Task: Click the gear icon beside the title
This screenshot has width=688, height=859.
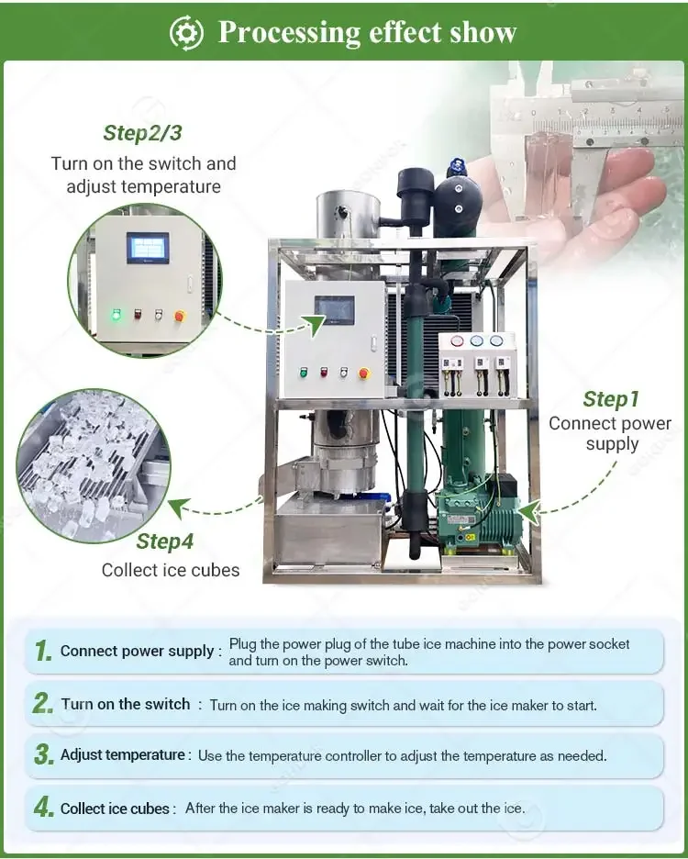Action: [x=186, y=33]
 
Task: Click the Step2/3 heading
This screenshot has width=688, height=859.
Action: [x=142, y=133]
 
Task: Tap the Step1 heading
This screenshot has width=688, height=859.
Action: [x=611, y=399]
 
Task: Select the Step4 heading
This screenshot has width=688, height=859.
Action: [x=165, y=541]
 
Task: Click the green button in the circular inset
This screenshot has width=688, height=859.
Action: [x=117, y=315]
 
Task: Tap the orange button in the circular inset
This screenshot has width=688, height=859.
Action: [x=180, y=316]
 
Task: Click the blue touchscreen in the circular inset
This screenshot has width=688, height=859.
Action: [x=148, y=248]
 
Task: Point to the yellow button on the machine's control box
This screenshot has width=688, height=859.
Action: [x=363, y=374]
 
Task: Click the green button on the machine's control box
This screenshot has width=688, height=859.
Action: [x=304, y=373]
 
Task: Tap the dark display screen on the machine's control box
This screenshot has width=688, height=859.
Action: [x=334, y=310]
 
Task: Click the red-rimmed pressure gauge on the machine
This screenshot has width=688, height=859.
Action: [x=457, y=341]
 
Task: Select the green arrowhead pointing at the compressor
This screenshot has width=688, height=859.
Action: [x=528, y=512]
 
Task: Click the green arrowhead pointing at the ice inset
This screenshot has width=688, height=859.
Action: [x=178, y=507]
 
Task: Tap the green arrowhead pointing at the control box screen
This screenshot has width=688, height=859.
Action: [x=315, y=326]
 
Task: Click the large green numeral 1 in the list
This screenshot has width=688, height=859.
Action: [x=43, y=651]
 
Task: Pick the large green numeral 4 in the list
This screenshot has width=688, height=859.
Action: [x=44, y=807]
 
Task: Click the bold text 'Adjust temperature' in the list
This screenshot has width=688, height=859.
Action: [x=123, y=755]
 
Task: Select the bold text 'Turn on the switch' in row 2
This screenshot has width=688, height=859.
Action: [x=126, y=704]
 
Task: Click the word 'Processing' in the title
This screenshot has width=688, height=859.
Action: [x=289, y=33]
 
